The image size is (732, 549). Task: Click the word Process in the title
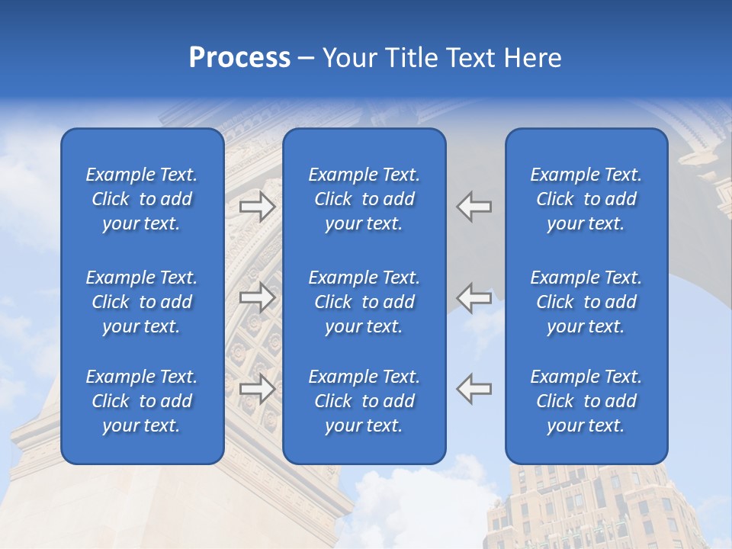pos(239,58)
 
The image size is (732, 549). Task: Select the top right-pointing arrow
pos(258,206)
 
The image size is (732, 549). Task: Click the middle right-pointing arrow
pos(258,297)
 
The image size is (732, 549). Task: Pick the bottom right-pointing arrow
pos(258,388)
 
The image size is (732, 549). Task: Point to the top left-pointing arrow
pos(474,206)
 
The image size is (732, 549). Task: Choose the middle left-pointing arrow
pos(474,297)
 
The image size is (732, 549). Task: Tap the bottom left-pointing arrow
pos(474,388)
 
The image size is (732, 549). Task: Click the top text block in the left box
pos(142,199)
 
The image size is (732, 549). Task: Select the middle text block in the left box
pos(142,302)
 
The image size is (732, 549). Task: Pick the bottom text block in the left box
pos(142,401)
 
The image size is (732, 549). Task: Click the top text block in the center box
pos(364,199)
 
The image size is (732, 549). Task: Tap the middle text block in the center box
pos(364,302)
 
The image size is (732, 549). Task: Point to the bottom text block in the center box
pos(364,401)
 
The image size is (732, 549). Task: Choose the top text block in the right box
pos(586,199)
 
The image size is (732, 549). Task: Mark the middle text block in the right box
pos(586,302)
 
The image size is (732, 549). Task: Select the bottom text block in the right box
pos(586,401)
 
